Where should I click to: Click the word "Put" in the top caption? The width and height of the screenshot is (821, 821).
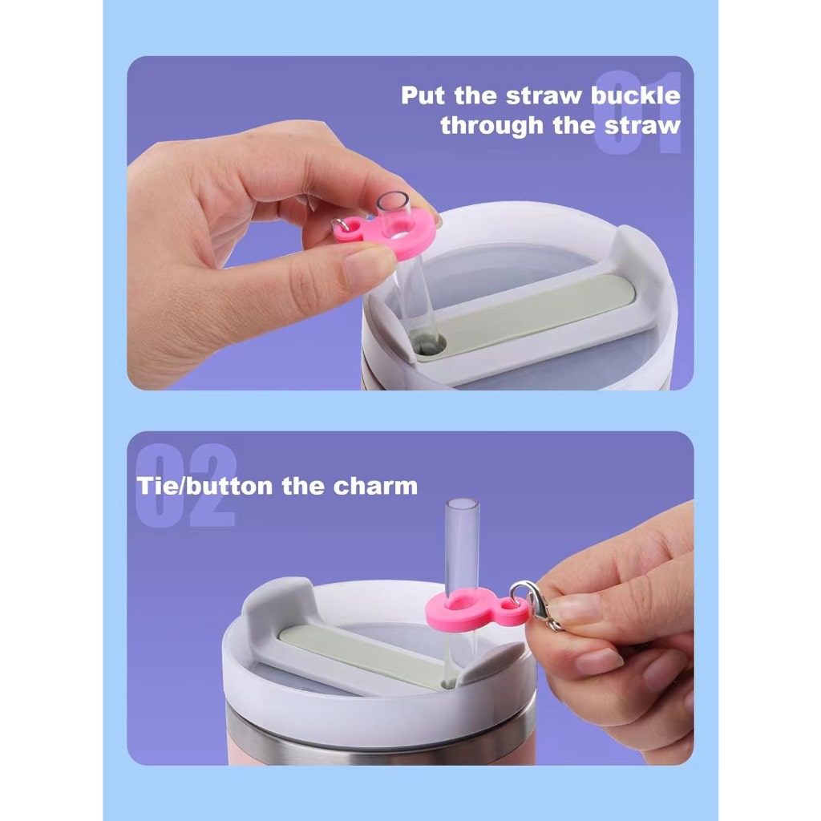(423, 96)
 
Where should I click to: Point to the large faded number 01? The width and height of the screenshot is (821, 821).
(638, 112)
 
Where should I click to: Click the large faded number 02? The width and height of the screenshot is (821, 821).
(186, 485)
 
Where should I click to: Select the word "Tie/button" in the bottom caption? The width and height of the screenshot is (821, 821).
(192, 486)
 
